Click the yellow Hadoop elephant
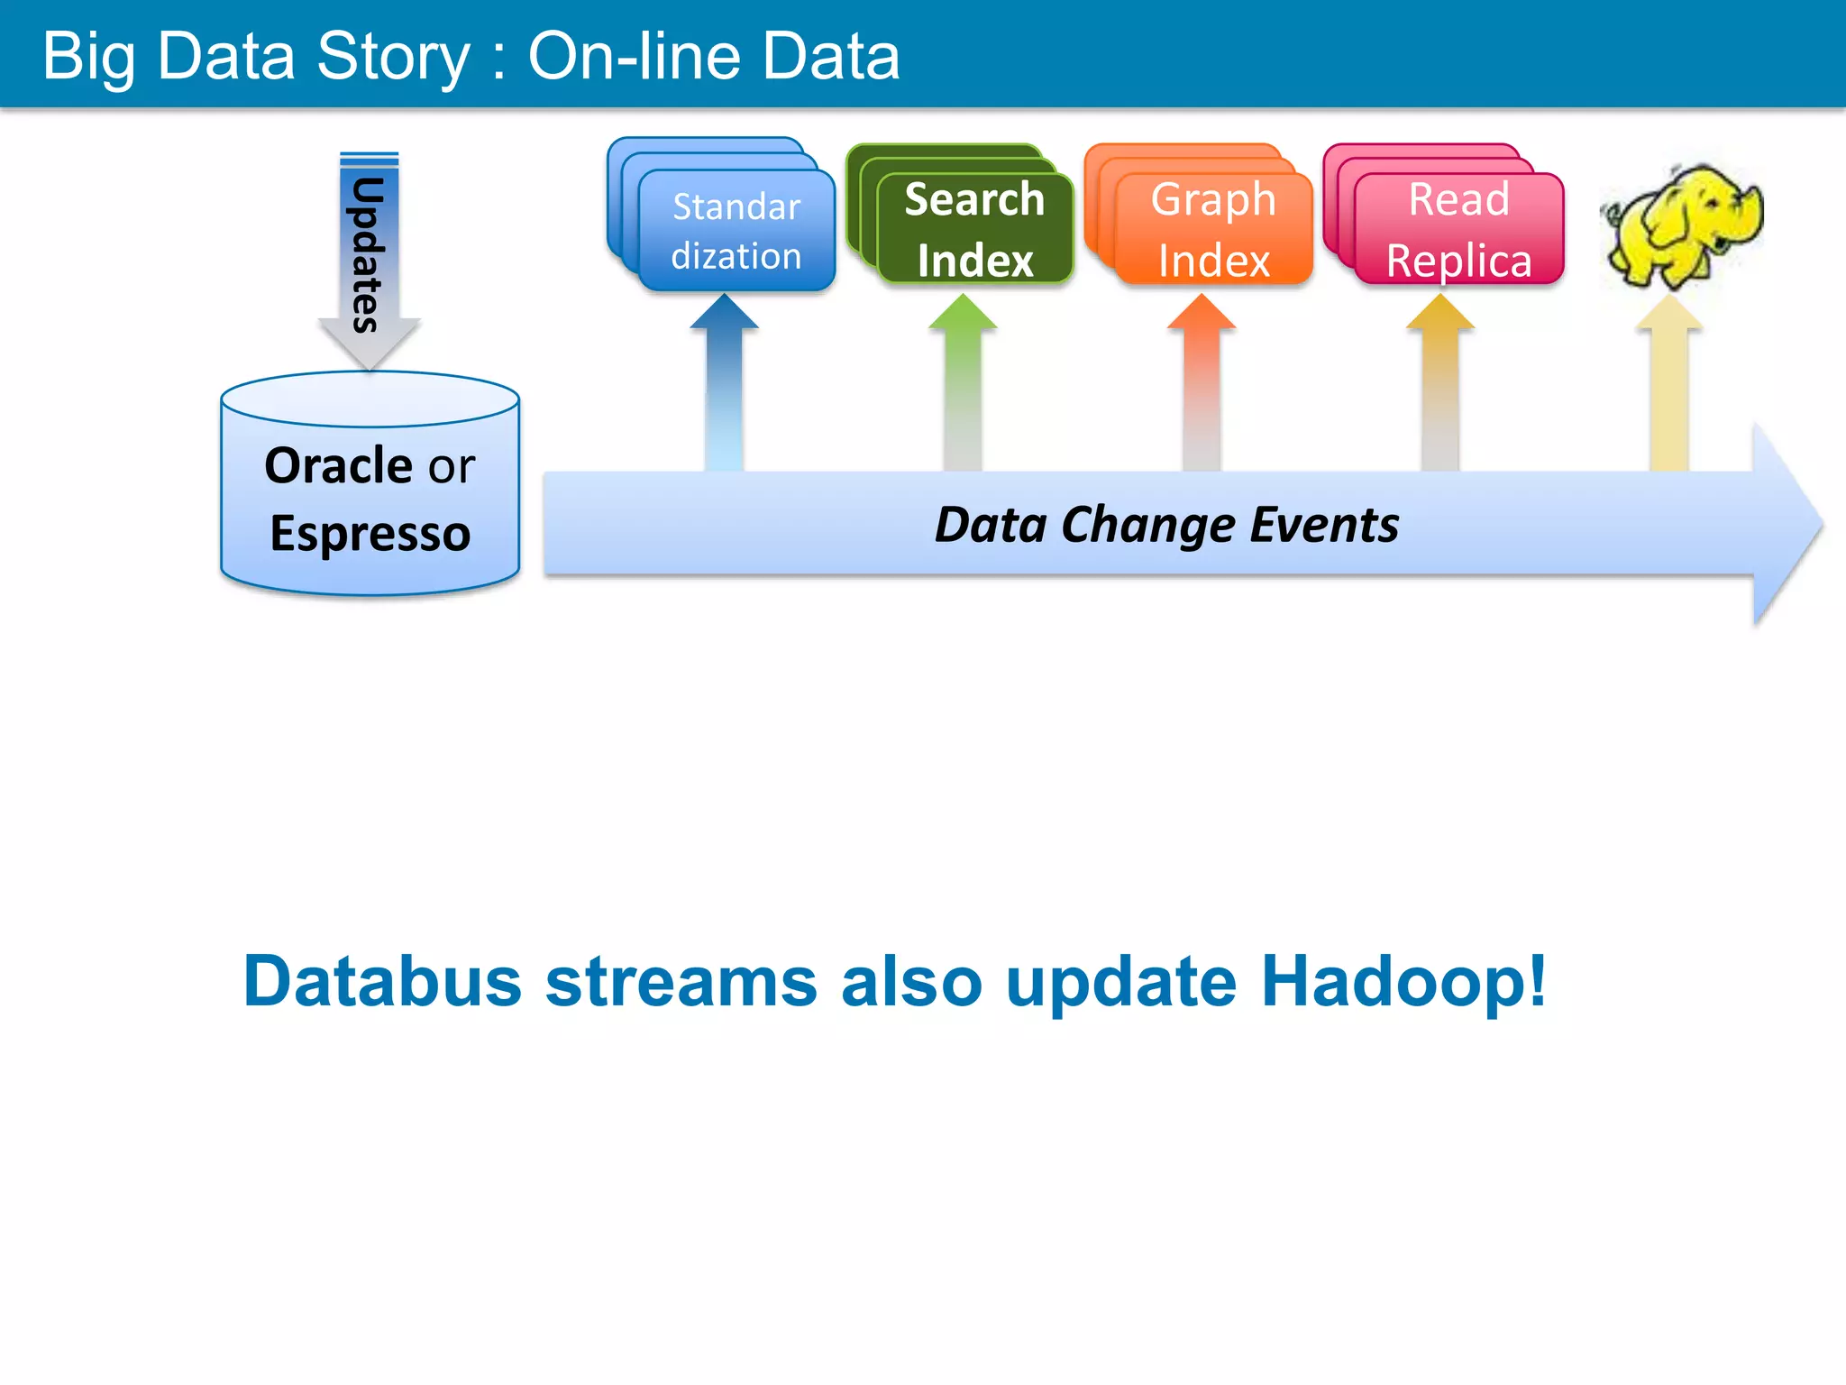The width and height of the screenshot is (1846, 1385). click(1681, 225)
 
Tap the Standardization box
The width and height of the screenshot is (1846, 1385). click(736, 231)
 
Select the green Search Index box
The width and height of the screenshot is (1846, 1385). click(974, 229)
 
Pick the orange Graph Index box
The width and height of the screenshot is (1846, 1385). click(1213, 229)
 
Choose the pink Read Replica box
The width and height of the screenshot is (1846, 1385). click(1458, 229)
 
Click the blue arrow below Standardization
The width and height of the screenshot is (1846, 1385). click(724, 383)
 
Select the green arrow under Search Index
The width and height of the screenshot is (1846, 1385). click(963, 383)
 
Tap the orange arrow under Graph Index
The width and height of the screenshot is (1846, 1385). click(1202, 383)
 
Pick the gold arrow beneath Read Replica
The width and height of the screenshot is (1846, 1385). click(1440, 383)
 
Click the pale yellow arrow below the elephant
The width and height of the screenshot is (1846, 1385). click(1669, 383)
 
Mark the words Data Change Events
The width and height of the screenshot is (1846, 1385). click(1166, 525)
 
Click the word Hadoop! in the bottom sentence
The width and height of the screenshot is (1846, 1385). click(1403, 981)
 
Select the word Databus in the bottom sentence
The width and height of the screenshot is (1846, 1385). click(382, 981)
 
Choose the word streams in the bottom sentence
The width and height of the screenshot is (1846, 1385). click(681, 981)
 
